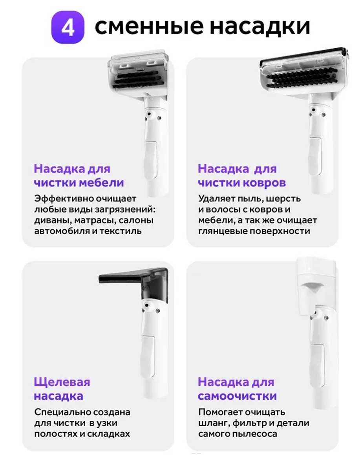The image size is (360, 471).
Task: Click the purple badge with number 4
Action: [67, 28]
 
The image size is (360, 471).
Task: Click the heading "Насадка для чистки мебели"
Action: [79, 175]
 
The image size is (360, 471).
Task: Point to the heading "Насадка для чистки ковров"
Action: [242, 175]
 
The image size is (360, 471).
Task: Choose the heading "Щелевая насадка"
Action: [62, 389]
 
